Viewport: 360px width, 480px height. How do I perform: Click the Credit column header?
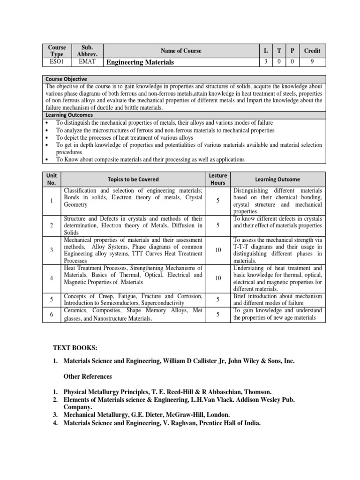click(x=312, y=51)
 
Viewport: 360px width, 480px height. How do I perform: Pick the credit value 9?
click(x=312, y=61)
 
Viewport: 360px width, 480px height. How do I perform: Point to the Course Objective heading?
click(x=66, y=79)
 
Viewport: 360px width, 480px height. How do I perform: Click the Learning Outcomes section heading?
click(x=69, y=114)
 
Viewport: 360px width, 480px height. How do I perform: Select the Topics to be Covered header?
click(x=133, y=179)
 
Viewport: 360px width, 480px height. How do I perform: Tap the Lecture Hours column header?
click(x=218, y=179)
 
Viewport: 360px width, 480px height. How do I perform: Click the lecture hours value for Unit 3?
click(x=218, y=250)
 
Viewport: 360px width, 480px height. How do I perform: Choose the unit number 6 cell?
click(x=51, y=315)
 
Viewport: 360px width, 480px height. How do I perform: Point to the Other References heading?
click(x=88, y=376)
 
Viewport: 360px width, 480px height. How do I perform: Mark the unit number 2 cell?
click(x=51, y=225)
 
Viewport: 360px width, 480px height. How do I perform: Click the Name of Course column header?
click(x=181, y=51)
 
